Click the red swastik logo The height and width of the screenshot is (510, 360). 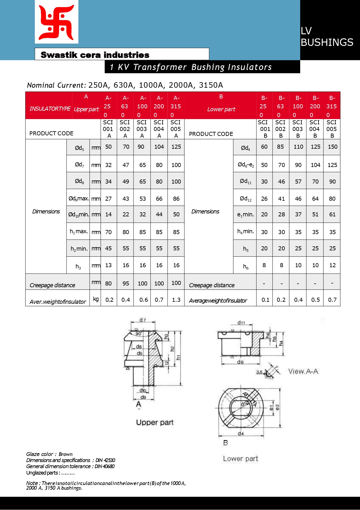tap(57, 22)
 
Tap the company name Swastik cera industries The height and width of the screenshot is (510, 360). tap(95, 55)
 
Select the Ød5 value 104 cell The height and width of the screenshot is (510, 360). tap(159, 147)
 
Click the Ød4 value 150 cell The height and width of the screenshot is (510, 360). tap(332, 147)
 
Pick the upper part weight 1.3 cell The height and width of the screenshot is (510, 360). tap(176, 300)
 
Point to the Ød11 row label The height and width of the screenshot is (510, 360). tap(245, 182)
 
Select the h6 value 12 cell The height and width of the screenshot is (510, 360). tap(332, 265)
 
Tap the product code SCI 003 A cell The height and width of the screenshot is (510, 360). tap(142, 129)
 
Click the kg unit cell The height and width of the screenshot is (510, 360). tap(96, 299)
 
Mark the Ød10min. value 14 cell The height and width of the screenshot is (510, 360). tap(108, 215)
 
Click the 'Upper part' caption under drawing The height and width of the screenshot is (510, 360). tap(155, 422)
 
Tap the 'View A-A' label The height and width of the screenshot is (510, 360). tap(303, 371)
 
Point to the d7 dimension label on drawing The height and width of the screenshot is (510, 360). tap(142, 320)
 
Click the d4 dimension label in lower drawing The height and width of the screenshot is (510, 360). tap(241, 433)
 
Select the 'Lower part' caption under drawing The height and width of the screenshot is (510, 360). tap(240, 459)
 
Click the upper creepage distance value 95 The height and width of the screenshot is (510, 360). tap(126, 283)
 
